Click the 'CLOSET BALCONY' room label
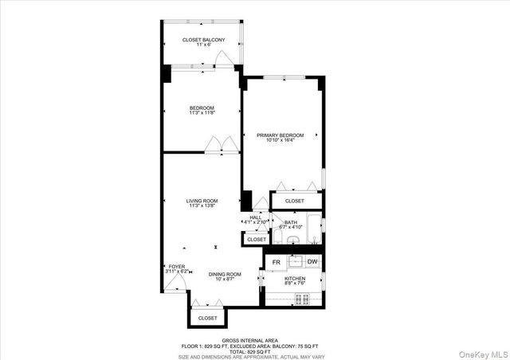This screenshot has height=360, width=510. pos(203,40)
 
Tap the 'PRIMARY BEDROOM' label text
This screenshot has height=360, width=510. pos(280,136)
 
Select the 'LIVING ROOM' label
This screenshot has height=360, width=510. pos(202,201)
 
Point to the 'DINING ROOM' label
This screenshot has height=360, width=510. pos(225,275)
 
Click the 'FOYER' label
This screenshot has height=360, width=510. pos(176,267)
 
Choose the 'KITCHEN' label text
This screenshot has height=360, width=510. pos(295,279)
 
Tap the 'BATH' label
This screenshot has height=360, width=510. pos(291,223)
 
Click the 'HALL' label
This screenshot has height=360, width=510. pos(256,217)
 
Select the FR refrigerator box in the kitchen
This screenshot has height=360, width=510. pos(277,262)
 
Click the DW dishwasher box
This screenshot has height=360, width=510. pos(312,262)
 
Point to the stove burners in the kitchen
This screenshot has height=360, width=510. pos(302,299)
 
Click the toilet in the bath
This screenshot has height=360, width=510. pos(292,241)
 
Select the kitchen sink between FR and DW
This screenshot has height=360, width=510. pos(294,261)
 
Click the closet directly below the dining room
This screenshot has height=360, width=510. pos(207,318)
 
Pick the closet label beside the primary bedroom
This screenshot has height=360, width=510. pos(294,202)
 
